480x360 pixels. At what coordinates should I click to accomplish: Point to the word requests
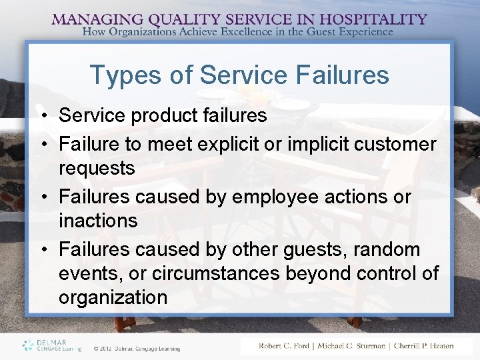pyautogui.click(x=97, y=169)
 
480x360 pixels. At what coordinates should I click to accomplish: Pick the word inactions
pyautogui.click(x=98, y=221)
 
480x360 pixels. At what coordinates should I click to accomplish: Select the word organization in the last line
pyautogui.click(x=113, y=297)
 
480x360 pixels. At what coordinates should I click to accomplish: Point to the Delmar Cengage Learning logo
pyautogui.click(x=51, y=345)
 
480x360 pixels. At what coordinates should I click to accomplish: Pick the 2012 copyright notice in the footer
pyautogui.click(x=136, y=347)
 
